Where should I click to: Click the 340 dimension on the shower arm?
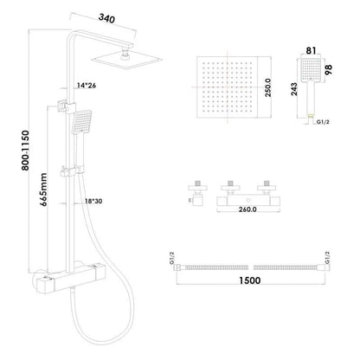[106, 18]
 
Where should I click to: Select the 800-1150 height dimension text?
[25, 151]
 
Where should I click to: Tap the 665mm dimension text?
[43, 190]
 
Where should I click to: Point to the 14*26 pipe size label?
[87, 86]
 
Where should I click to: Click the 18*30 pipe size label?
[93, 201]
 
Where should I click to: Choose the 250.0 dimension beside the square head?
[268, 87]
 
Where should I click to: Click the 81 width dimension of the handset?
[311, 51]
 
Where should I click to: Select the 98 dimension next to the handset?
[328, 70]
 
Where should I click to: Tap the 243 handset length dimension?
[293, 89]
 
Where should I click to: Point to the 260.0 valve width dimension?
[247, 209]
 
